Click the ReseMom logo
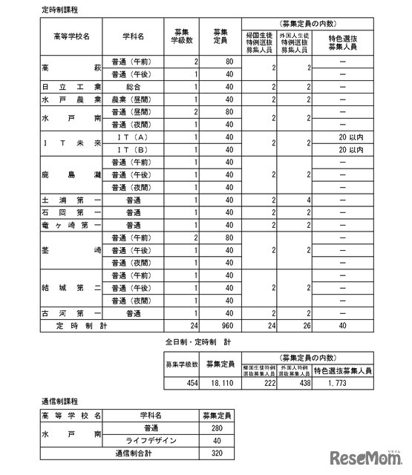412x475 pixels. click(x=369, y=453)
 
